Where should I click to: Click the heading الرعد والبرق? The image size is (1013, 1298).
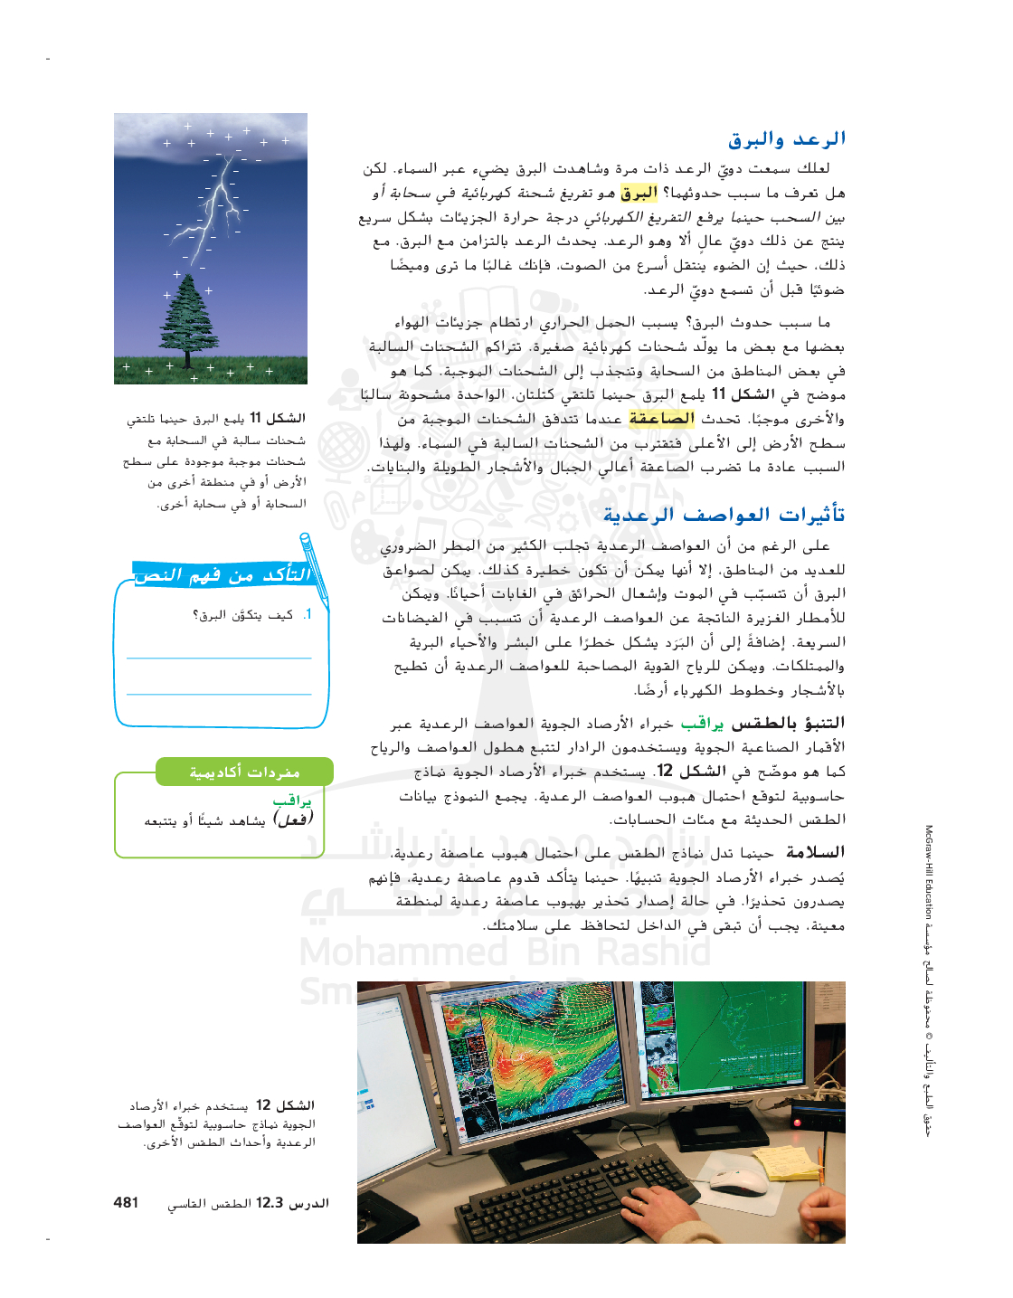coord(787,139)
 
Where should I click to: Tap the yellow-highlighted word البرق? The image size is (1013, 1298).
coord(639,193)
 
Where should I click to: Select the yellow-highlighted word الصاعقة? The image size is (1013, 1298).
coord(661,418)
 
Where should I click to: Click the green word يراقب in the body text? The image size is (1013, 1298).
coord(702,724)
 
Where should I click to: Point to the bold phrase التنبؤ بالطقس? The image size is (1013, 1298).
coord(788,724)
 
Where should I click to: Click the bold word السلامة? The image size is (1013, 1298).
coord(815,852)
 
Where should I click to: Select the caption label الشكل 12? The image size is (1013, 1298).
coord(285,1105)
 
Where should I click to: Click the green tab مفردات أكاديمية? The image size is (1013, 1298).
coord(244,772)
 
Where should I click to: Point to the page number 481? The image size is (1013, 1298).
coord(126,1202)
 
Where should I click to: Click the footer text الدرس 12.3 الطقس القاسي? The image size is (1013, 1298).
coord(248,1203)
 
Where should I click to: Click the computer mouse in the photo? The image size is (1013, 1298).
coord(737,1180)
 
